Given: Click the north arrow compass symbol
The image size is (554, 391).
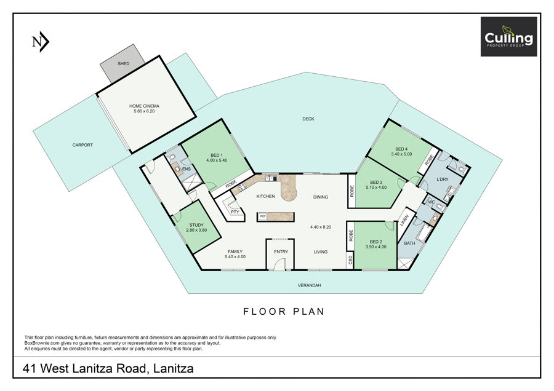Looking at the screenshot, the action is (40, 42).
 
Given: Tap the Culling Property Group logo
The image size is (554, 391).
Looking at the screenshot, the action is (508, 37).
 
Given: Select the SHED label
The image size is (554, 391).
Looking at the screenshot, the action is (124, 63).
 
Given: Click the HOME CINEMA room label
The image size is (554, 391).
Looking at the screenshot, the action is (144, 106).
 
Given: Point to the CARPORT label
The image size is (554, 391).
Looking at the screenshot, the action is (82, 145).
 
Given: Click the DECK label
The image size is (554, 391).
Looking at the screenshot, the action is (308, 119).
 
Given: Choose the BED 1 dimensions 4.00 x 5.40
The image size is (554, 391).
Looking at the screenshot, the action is (217, 160).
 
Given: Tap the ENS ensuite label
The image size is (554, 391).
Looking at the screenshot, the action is (186, 169).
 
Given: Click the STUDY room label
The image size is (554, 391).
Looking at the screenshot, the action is (196, 225).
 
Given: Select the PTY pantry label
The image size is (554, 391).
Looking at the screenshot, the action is (235, 212).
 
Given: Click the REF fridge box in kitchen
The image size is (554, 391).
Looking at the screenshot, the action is (263, 216).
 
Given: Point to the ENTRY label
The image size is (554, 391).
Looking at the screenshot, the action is (281, 251).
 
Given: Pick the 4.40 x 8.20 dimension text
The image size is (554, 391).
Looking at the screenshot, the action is (321, 227).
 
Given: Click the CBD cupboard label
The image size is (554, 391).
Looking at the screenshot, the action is (350, 259).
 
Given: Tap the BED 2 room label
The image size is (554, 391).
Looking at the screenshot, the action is (375, 242).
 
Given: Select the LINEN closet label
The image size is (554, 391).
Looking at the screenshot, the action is (404, 221).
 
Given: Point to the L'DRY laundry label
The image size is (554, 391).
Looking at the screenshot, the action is (443, 180).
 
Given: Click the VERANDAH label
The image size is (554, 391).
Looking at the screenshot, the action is (309, 285).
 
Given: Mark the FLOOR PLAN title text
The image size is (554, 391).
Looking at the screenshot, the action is (284, 312).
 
